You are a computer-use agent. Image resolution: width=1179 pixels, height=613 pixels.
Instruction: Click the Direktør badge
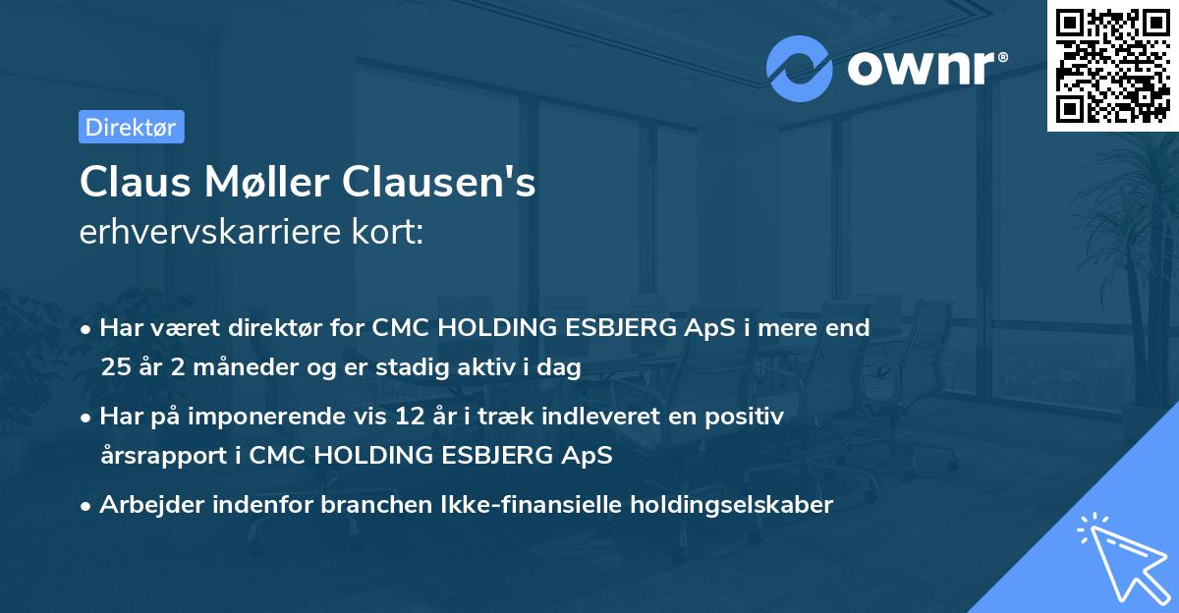pos(131,127)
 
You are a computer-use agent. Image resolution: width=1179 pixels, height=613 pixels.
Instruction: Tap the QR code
pos(1112,66)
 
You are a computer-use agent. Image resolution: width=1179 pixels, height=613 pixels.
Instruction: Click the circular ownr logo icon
pos(800,68)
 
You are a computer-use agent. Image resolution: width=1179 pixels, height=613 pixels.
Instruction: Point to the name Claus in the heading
pos(127,183)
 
